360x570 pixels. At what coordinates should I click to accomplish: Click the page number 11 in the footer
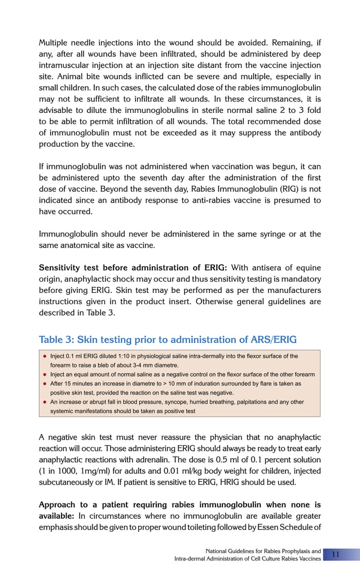pos(335,554)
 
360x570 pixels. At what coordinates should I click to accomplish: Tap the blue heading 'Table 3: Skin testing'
pos(168,339)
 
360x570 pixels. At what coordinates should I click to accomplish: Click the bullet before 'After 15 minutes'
pos(45,384)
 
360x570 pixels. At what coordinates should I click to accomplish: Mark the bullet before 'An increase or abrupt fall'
pos(45,402)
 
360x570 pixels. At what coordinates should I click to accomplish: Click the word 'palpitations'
pos(248,402)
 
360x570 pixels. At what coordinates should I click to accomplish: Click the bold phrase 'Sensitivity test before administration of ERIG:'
pos(133,268)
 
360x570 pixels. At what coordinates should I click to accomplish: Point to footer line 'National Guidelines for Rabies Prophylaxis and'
pos(263,551)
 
